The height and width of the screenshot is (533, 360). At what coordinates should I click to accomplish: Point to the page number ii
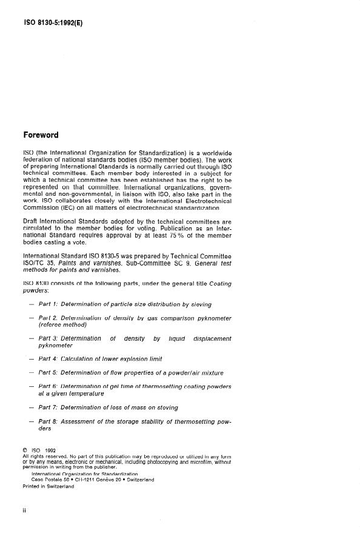pyautogui.click(x=24, y=511)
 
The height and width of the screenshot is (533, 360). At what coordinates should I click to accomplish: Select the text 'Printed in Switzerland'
pyautogui.click(x=48, y=485)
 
